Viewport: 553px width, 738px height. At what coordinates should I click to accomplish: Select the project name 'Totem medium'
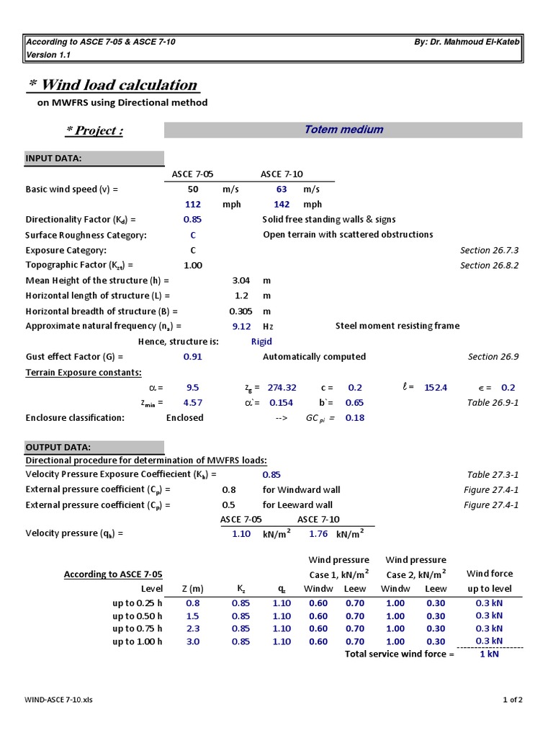(343, 130)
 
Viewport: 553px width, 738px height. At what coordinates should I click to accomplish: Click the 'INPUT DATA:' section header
(54, 159)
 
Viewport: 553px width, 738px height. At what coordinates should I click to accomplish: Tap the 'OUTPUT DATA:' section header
(58, 447)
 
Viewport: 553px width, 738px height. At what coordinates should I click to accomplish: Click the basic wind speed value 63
(282, 189)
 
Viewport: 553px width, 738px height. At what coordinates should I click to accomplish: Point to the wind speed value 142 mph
(282, 204)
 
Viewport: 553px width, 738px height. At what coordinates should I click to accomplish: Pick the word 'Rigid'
(261, 342)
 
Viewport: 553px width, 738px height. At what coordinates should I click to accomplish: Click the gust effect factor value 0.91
(192, 356)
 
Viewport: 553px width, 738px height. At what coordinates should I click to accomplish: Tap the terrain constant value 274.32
(282, 387)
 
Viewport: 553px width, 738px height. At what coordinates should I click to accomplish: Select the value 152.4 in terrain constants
(436, 387)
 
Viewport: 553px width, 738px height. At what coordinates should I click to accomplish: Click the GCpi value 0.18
(354, 417)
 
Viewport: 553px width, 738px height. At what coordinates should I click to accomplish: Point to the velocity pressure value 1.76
(318, 534)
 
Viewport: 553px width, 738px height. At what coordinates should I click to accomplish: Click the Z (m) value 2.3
(193, 628)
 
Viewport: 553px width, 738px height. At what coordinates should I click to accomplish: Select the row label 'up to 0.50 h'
(138, 616)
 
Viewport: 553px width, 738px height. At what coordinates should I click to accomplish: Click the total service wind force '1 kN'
(490, 654)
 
